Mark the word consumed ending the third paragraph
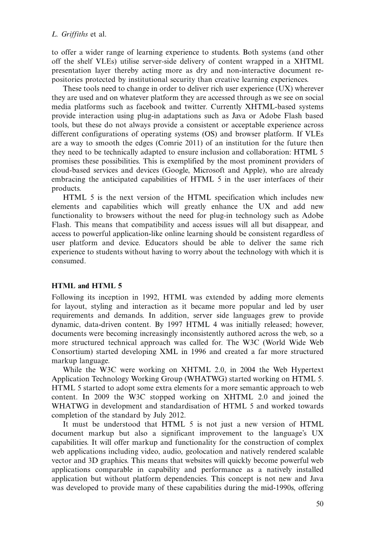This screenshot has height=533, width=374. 69,261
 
